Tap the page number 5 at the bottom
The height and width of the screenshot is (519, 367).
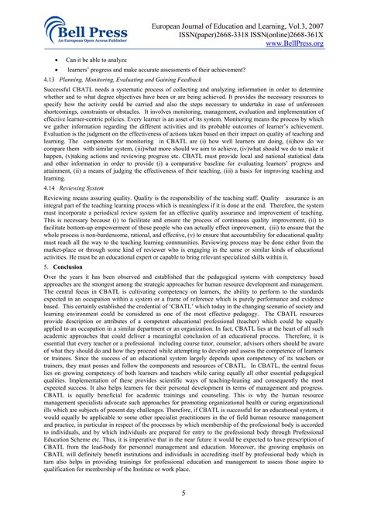(183, 493)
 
